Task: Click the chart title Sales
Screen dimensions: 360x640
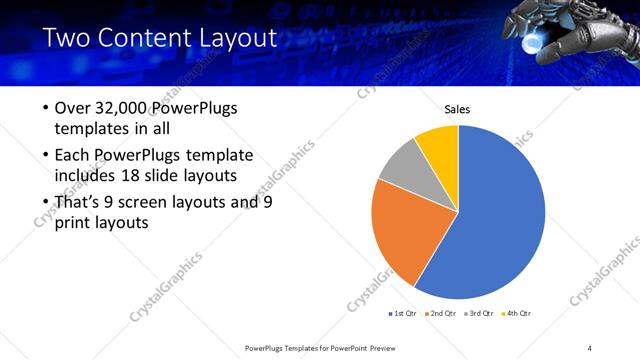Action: [x=457, y=109]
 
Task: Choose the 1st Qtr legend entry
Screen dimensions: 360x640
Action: [x=401, y=314]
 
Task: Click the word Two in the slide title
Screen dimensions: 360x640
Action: [x=67, y=39]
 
